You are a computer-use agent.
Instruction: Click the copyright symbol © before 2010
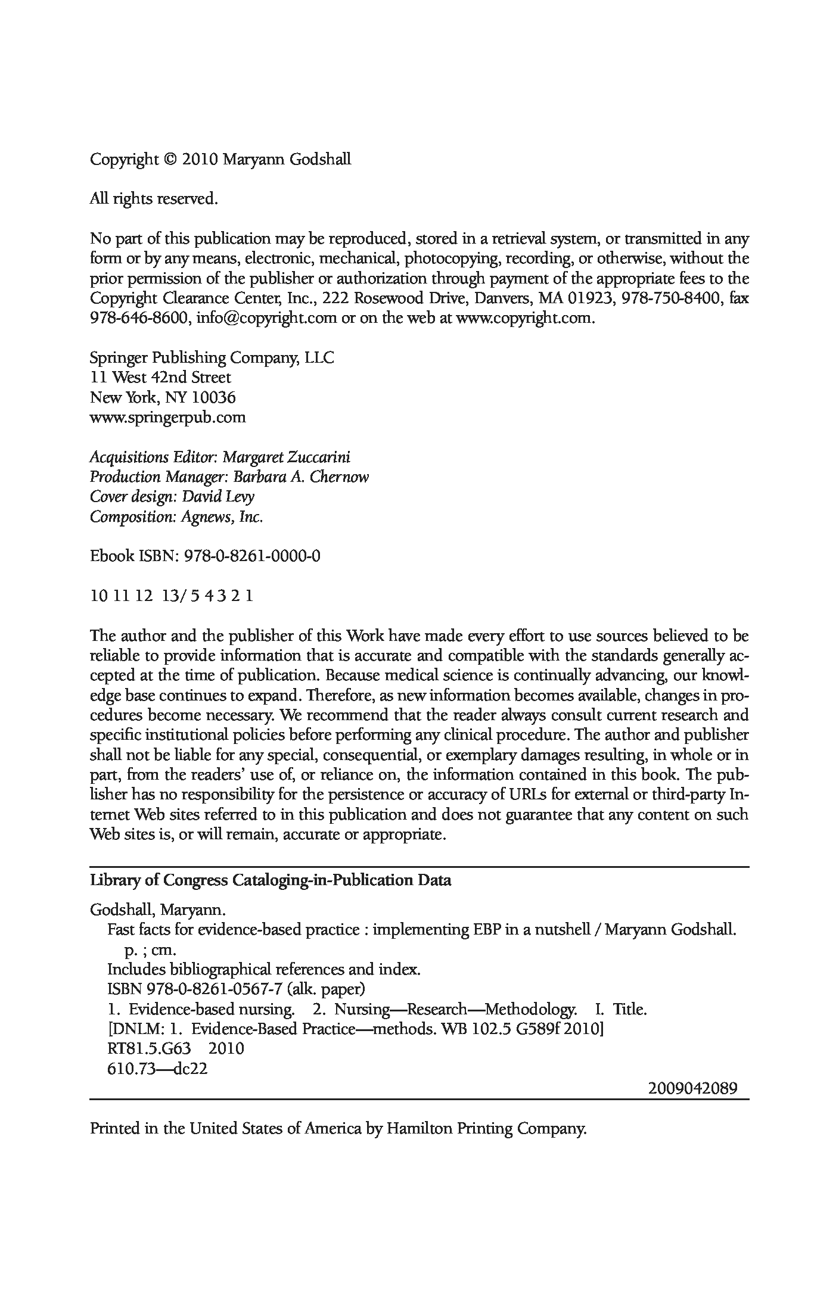click(x=170, y=160)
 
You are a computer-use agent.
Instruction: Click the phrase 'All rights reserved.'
click(x=154, y=199)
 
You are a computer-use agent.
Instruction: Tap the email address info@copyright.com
click(x=266, y=318)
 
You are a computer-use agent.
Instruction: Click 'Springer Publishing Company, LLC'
click(x=212, y=358)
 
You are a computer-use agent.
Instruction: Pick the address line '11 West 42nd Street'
click(x=160, y=378)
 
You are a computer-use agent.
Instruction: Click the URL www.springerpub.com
click(x=167, y=418)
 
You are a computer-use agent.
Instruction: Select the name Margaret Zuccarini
click(x=287, y=457)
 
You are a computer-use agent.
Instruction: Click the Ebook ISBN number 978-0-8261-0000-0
click(x=253, y=556)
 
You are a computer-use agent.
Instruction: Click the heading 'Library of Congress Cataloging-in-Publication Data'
click(x=270, y=880)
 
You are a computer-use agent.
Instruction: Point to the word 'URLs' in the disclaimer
click(x=526, y=795)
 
